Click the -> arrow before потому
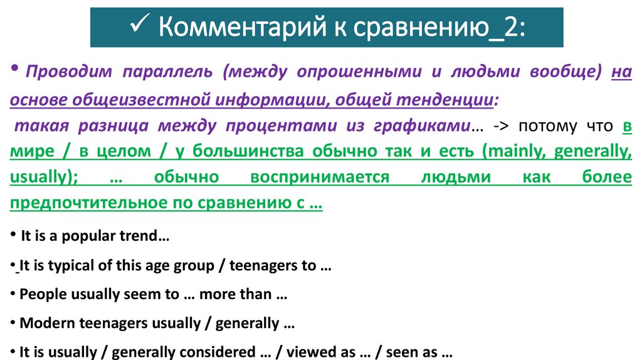pos(499,126)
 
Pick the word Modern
pos(43,324)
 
